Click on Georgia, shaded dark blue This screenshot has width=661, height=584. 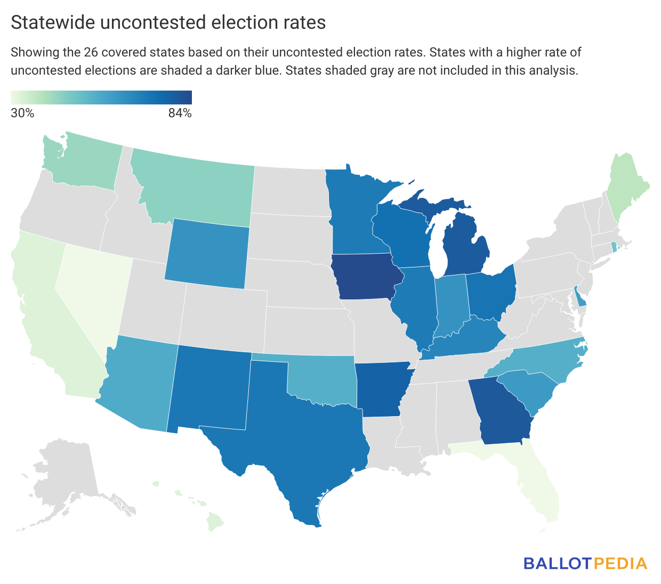click(501, 413)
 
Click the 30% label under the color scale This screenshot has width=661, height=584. click(22, 113)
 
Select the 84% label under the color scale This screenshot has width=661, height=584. click(180, 113)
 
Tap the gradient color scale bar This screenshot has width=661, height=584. click(101, 98)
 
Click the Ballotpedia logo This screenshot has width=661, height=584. click(585, 563)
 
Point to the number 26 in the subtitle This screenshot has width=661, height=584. click(91, 52)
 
